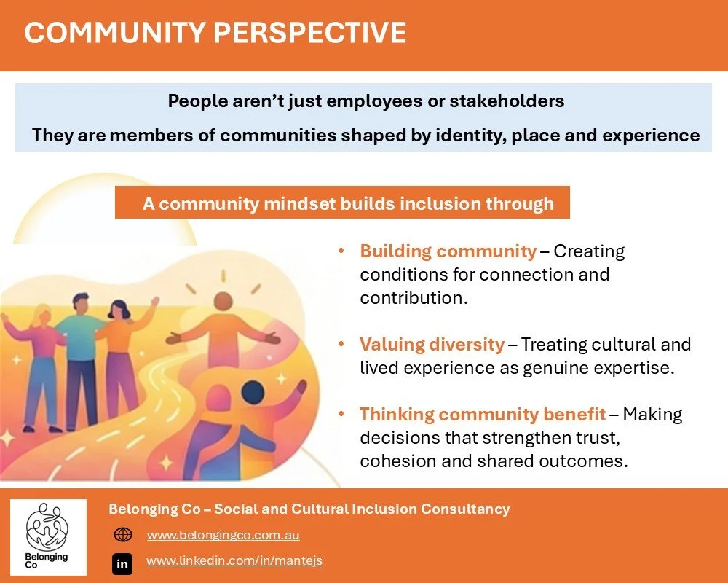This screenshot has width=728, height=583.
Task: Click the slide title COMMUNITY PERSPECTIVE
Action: point(215,34)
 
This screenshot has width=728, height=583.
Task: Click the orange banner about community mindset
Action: point(342,203)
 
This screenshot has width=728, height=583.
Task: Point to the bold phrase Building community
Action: point(448,252)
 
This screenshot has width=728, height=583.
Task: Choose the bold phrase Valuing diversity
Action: point(432,344)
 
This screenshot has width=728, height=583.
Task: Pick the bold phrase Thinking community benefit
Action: point(482,415)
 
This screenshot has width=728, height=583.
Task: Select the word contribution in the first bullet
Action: point(411,298)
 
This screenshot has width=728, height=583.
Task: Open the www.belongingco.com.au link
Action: point(223,535)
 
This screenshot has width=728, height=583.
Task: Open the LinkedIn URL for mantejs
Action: point(234,560)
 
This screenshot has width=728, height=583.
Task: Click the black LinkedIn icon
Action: point(122,563)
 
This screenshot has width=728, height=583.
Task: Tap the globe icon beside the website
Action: point(123,535)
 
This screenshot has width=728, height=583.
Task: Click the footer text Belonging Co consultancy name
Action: point(309,509)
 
